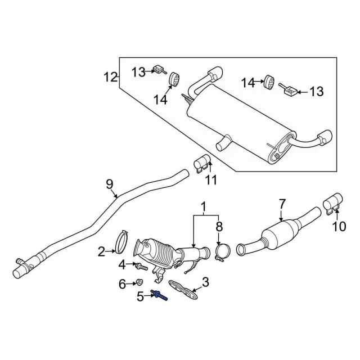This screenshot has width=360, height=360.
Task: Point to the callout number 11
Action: [210, 180]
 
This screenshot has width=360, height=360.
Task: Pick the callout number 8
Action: [219, 227]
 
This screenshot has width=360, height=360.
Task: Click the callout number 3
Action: [205, 282]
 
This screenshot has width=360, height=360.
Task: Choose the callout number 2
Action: [101, 251]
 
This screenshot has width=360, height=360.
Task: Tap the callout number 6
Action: [122, 285]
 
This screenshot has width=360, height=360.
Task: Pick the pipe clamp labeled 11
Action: [203, 163]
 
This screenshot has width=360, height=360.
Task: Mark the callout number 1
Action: [203, 206]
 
